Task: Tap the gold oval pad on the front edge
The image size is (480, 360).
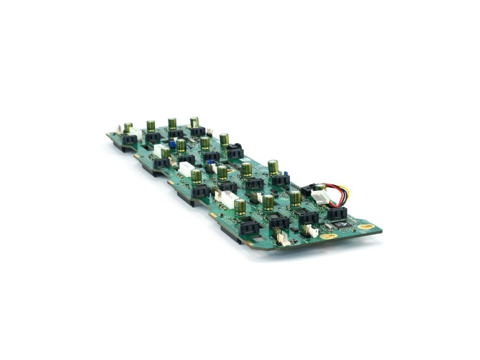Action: [329, 236]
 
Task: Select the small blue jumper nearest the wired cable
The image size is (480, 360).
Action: [285, 173]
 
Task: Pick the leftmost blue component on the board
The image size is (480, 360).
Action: [172, 144]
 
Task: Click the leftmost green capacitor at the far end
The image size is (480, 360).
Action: [128, 127]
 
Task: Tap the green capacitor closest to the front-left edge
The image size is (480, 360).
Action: [240, 207]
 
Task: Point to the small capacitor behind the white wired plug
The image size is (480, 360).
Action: [320, 187]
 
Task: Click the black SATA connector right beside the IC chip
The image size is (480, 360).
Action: [337, 213]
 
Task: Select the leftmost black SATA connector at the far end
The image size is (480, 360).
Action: [130, 139]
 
